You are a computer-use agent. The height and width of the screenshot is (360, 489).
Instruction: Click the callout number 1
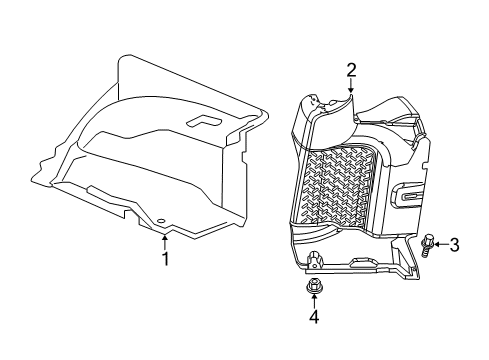pyautogui.click(x=166, y=258)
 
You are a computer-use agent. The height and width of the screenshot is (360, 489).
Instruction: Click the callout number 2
pyautogui.click(x=352, y=69)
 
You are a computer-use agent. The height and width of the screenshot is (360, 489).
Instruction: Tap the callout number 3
pyautogui.click(x=454, y=244)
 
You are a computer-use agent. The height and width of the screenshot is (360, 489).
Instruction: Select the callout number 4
pyautogui.click(x=312, y=317)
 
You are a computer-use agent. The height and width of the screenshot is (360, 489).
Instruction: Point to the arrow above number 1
pyautogui.click(x=166, y=241)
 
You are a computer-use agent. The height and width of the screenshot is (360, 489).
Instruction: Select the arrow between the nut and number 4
pyautogui.click(x=312, y=302)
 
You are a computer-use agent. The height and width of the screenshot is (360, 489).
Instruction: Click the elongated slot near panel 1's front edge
pyautogui.click(x=100, y=190)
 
